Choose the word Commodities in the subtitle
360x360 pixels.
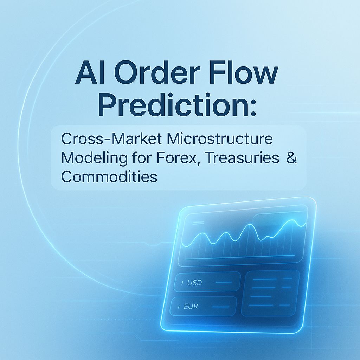click(109, 176)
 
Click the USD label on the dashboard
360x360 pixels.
click(194, 283)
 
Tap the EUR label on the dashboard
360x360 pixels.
click(191, 307)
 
